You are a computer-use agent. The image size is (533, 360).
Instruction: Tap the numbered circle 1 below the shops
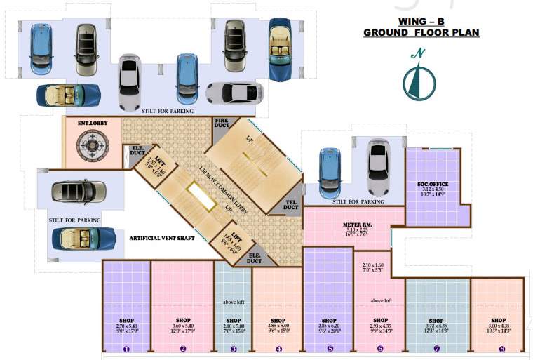[126, 348]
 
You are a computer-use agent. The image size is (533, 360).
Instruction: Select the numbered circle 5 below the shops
[328, 348]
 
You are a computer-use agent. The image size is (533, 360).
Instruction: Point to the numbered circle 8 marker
[501, 348]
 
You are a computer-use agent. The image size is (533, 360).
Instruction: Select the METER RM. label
[357, 224]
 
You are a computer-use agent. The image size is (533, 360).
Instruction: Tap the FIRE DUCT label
[222, 124]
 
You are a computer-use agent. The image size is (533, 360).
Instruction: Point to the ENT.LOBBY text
[91, 124]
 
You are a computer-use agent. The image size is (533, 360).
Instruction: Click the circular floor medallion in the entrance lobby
[92, 149]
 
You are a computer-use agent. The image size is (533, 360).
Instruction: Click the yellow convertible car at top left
[68, 95]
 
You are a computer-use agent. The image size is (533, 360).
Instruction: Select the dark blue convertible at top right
[284, 50]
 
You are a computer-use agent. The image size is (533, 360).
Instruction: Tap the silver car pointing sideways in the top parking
[234, 93]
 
